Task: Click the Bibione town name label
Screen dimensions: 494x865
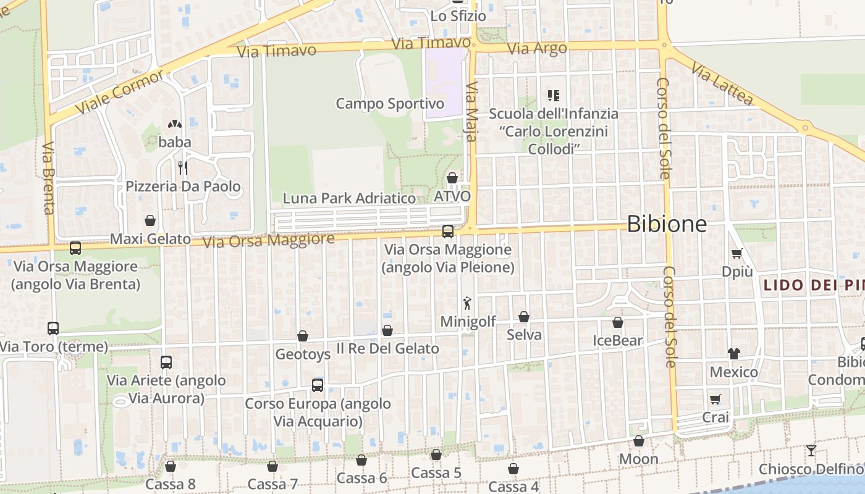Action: click(x=667, y=224)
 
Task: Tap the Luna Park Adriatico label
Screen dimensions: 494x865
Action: click(x=349, y=198)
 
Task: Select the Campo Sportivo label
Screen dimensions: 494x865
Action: click(x=390, y=103)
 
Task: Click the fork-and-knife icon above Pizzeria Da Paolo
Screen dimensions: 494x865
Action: click(x=182, y=167)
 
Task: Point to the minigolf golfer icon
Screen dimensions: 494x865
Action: click(x=467, y=303)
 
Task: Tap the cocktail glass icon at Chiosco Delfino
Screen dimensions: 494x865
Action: click(x=811, y=451)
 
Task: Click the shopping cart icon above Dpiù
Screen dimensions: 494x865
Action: click(x=736, y=253)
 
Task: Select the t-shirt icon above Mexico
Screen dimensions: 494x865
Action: click(x=733, y=353)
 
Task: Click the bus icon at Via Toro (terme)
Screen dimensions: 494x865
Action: click(x=53, y=329)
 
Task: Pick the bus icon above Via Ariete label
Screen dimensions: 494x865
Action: click(x=166, y=362)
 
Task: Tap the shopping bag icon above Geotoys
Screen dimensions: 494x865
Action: click(x=303, y=336)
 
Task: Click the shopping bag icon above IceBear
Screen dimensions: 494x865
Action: click(x=618, y=322)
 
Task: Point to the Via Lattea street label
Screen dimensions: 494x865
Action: click(x=722, y=83)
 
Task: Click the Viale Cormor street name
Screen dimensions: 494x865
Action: click(x=120, y=91)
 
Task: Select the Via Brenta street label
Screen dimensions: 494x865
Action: click(x=49, y=178)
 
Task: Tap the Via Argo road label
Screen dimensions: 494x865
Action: click(x=536, y=49)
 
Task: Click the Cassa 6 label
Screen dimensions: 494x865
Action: click(x=361, y=478)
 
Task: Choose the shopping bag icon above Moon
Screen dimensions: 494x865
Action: click(x=639, y=441)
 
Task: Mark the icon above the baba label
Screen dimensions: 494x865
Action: click(x=174, y=124)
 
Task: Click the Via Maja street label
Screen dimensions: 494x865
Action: click(x=471, y=111)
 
